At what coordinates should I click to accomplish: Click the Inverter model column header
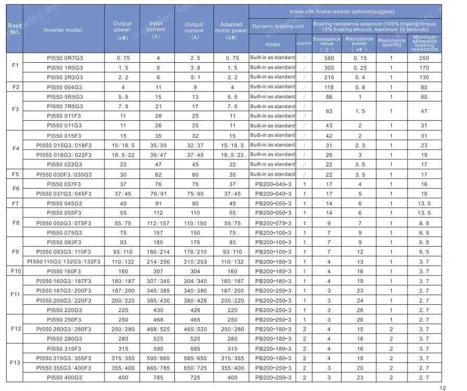[63, 30]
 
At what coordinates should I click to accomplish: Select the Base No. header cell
[15, 28]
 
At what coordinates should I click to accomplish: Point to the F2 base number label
[15, 87]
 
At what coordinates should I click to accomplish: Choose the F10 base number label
[15, 271]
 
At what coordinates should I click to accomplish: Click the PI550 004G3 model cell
[65, 87]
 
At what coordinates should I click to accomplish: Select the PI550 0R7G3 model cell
[65, 58]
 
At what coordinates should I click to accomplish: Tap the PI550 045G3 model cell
[65, 203]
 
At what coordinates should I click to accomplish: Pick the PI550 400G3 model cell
[65, 377]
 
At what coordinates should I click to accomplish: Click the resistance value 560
[329, 58]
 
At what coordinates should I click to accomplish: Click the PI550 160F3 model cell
[65, 271]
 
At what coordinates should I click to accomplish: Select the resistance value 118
[329, 87]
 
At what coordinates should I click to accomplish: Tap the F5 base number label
[15, 175]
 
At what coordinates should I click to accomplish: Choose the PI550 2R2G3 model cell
[65, 77]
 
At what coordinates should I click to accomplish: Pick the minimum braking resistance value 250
[424, 58]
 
